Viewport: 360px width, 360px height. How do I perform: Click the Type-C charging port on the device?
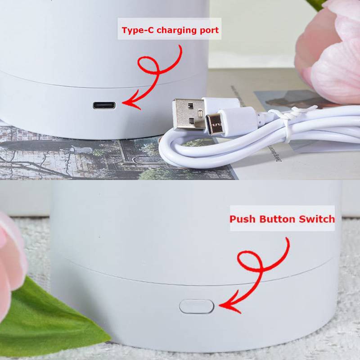click(104, 105)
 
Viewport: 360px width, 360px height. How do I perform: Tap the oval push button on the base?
click(197, 306)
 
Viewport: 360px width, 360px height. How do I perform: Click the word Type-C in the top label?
click(138, 30)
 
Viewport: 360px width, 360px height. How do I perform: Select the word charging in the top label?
click(176, 30)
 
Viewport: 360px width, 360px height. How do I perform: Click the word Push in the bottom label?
click(243, 219)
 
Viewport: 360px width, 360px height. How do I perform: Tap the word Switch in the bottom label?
click(317, 219)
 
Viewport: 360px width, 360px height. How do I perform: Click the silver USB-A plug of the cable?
click(188, 114)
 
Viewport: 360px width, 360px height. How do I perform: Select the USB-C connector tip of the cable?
click(215, 124)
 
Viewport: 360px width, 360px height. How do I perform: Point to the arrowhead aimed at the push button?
click(229, 306)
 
